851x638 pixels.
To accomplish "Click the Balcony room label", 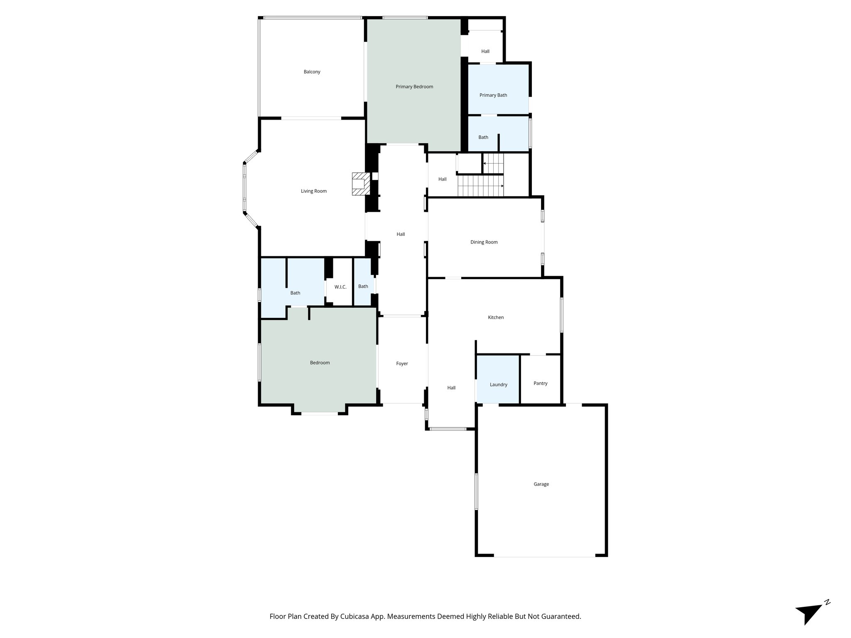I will (x=312, y=72).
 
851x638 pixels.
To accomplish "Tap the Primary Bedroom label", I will (x=414, y=87).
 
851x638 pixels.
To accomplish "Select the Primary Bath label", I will (x=493, y=95).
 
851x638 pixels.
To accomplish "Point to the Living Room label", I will (x=314, y=191).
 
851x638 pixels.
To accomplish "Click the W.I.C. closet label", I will (x=340, y=287).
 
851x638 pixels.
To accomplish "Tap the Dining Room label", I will (x=484, y=242).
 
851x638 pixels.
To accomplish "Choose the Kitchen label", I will (x=496, y=317).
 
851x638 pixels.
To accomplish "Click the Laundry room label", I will (x=498, y=385).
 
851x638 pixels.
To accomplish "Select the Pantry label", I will (x=540, y=383).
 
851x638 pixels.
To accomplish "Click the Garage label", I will (x=541, y=484).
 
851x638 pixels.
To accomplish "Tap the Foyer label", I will (x=402, y=363).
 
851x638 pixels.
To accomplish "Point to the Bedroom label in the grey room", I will (x=320, y=363).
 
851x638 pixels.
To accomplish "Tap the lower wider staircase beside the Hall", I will (x=480, y=186).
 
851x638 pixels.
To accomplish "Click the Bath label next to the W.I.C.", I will (x=363, y=286).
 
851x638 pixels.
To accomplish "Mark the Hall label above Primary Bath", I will (x=485, y=52).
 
